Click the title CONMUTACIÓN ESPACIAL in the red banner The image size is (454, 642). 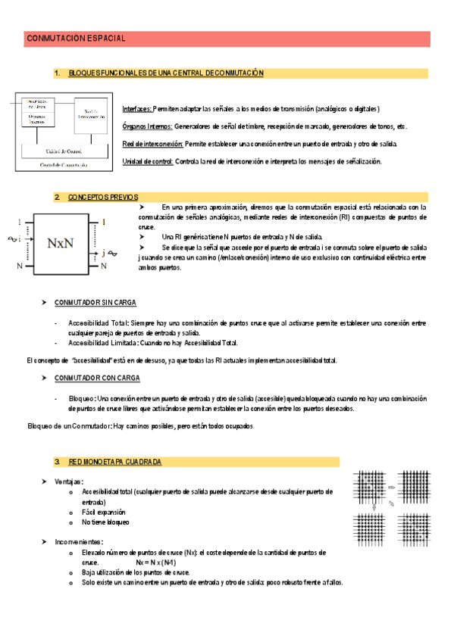tap(76, 38)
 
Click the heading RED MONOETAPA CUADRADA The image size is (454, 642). tap(114, 461)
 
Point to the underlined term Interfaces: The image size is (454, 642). tap(136, 109)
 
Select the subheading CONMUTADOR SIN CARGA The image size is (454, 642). tap(95, 302)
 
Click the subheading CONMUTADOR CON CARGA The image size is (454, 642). tap(96, 377)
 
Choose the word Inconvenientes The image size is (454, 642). tap(79, 542)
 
